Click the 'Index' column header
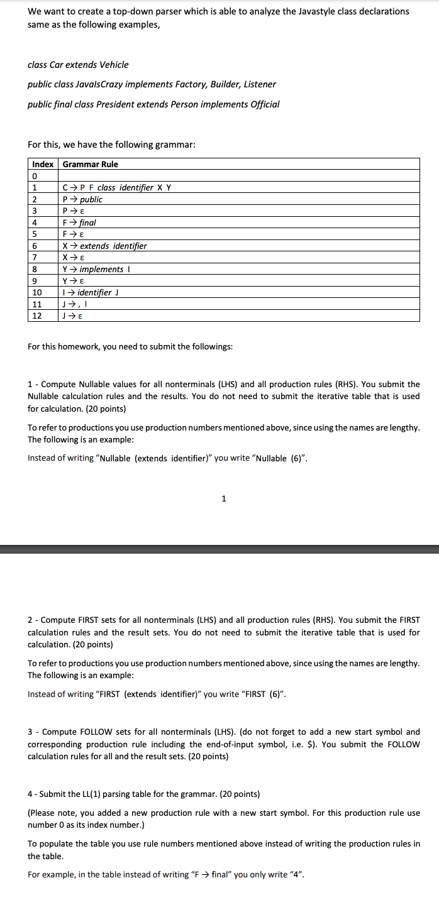43,164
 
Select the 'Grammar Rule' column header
90,164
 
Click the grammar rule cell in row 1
117,187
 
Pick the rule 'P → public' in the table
82,199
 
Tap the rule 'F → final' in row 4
79,222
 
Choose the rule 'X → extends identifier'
104,246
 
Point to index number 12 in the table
36,316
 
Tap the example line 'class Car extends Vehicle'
78,65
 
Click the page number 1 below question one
223,499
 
